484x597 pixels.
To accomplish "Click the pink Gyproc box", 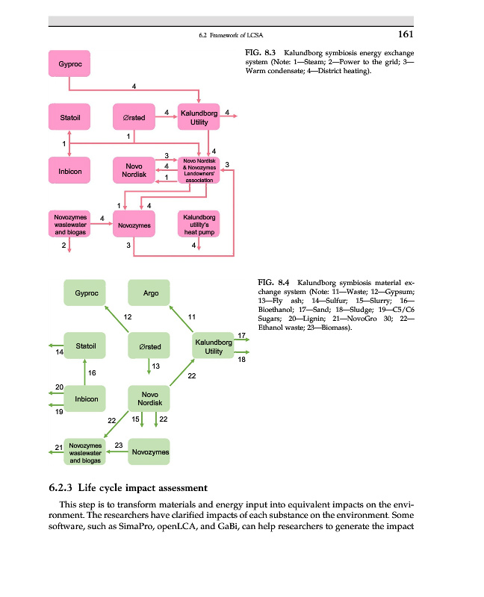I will pyautogui.click(x=69, y=64).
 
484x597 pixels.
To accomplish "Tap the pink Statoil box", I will pyautogui.click(x=69, y=117).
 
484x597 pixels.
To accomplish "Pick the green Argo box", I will pyautogui.click(x=150, y=293).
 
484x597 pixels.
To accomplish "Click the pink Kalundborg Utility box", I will pyautogui.click(x=199, y=117).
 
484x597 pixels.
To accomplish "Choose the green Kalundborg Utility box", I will pyautogui.click(x=214, y=346).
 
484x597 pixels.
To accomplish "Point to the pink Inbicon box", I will pyautogui.click(x=69, y=171).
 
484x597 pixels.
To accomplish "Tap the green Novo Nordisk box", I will pyautogui.click(x=149, y=398).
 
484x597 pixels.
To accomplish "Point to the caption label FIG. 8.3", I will pyautogui.click(x=261, y=54).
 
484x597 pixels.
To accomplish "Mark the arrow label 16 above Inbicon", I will pyautogui.click(x=91, y=372).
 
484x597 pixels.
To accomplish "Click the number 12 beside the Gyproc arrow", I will pyautogui.click(x=128, y=318).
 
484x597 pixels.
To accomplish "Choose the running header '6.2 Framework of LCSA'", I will pyautogui.click(x=232, y=35).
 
